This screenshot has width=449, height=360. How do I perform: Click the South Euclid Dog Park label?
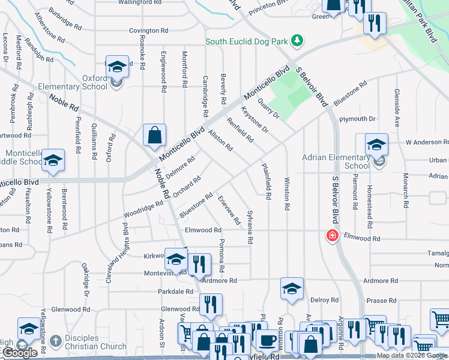247,41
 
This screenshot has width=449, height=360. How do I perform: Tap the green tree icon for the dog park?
296,41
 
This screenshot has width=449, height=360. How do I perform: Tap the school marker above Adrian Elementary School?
376,144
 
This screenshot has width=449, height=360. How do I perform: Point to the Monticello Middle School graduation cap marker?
53,160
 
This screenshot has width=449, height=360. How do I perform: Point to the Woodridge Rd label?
143,211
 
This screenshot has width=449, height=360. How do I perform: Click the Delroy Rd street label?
324,300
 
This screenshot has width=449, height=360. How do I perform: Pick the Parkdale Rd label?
171,293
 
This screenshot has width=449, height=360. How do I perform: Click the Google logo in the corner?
20,353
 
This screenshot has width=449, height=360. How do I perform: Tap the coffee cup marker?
267,340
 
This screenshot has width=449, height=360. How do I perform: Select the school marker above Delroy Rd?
292,289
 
